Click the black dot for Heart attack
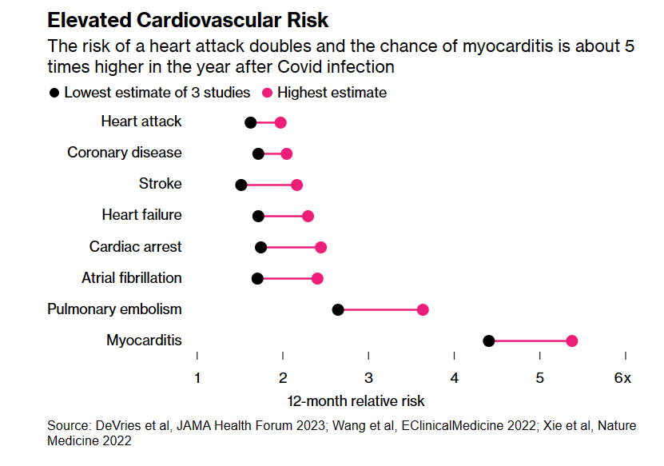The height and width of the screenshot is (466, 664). click(250, 122)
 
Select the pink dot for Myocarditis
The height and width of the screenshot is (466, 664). click(571, 341)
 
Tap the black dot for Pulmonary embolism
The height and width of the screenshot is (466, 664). click(337, 309)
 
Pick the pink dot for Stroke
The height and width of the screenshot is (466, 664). click(296, 185)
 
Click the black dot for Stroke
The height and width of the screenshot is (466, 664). click(241, 185)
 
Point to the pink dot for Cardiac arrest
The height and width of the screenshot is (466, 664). click(320, 247)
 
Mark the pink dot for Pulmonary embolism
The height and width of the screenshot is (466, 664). click(423, 309)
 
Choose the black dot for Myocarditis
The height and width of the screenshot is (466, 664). click(489, 341)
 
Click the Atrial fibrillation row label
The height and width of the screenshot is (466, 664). click(132, 278)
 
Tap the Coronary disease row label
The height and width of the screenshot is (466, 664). click(125, 153)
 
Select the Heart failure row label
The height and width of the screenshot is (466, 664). click(141, 215)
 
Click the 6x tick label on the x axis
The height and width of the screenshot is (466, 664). click(622, 378)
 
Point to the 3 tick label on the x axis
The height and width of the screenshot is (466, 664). click(368, 378)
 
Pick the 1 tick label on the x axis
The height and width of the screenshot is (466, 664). click(197, 378)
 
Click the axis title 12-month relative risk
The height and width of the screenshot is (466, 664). click(356, 400)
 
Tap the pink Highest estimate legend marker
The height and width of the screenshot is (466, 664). click(267, 93)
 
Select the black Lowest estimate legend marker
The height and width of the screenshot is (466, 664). click(54, 93)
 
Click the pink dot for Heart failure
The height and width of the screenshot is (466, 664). click(308, 216)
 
